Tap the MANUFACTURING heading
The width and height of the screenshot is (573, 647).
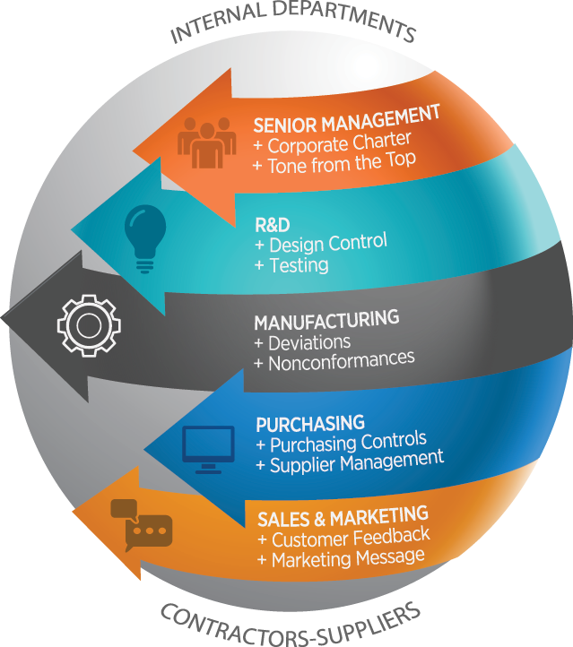pyautogui.click(x=326, y=321)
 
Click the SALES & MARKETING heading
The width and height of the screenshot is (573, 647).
pyautogui.click(x=343, y=518)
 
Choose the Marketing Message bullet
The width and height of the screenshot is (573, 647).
pyautogui.click(x=341, y=558)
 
